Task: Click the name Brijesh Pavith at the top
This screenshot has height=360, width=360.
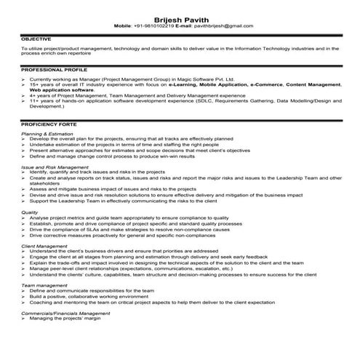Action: pyautogui.click(x=179, y=17)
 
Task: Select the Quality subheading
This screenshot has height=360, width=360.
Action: pyautogui.click(x=30, y=212)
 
